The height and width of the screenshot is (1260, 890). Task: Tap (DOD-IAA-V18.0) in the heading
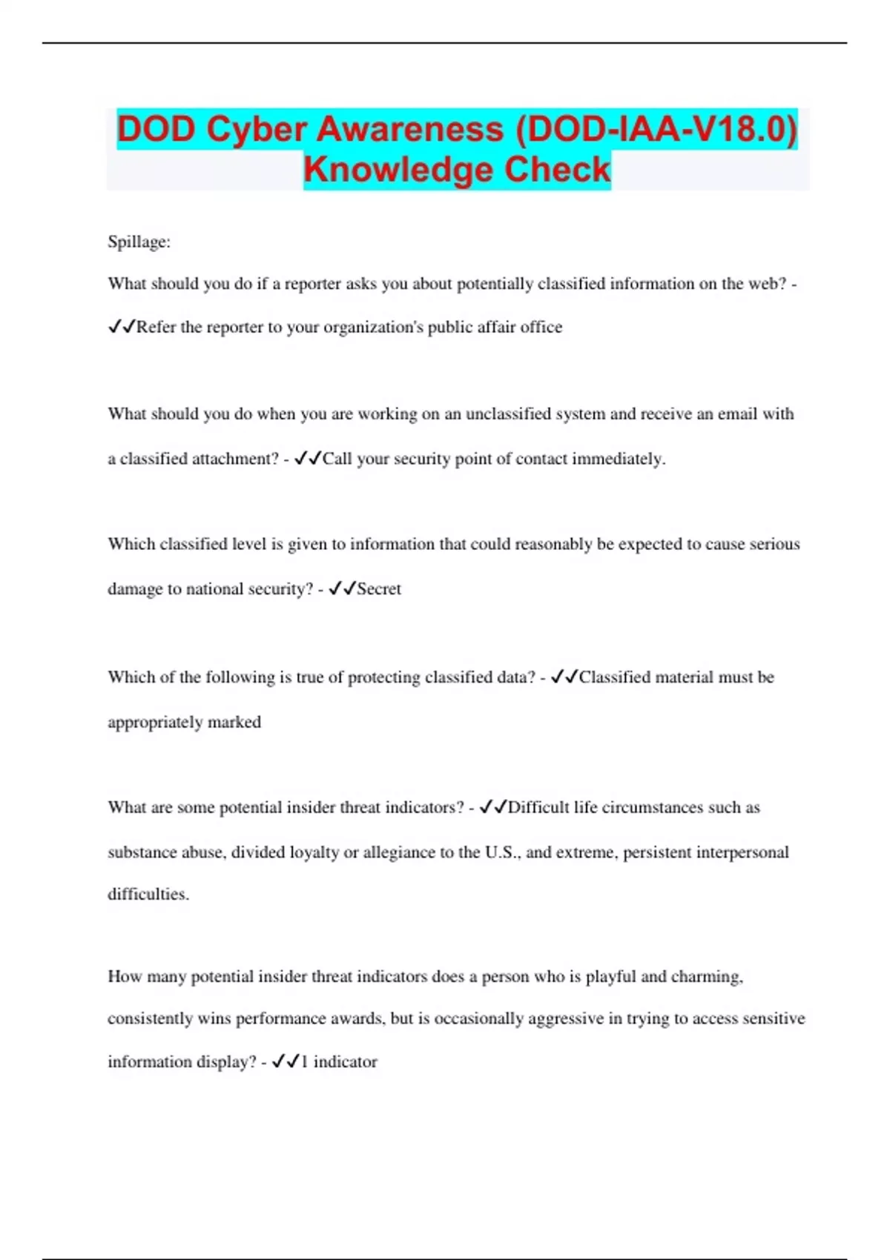click(656, 129)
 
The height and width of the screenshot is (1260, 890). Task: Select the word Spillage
click(139, 242)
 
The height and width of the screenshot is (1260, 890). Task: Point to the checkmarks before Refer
click(121, 327)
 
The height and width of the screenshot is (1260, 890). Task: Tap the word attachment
click(231, 459)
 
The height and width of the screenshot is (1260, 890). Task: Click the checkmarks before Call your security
click(307, 459)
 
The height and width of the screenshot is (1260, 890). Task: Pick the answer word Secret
click(379, 588)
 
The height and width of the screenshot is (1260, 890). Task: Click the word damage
click(133, 588)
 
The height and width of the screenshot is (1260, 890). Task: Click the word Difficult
click(538, 807)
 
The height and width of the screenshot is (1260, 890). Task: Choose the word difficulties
click(148, 894)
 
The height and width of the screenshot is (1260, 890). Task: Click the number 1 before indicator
click(304, 1061)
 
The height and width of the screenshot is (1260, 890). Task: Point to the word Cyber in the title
click(257, 129)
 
